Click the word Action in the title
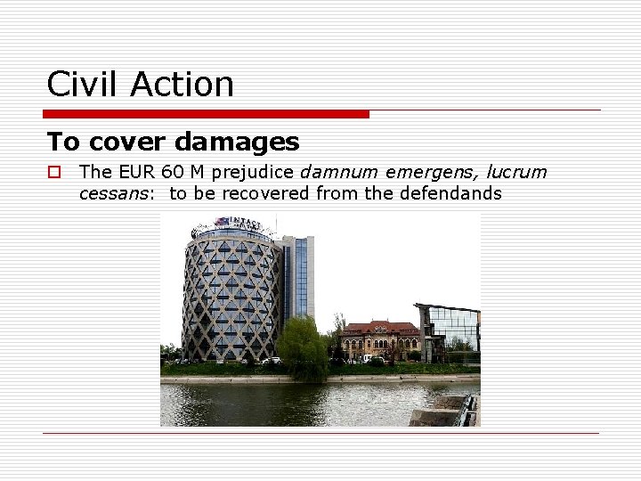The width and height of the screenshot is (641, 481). [x=182, y=85]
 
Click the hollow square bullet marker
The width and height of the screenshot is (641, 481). [x=54, y=172]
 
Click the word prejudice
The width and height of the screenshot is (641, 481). [x=251, y=172]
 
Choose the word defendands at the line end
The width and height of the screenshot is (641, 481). [x=453, y=193]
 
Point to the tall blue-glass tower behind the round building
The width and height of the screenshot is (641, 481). [x=297, y=276]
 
